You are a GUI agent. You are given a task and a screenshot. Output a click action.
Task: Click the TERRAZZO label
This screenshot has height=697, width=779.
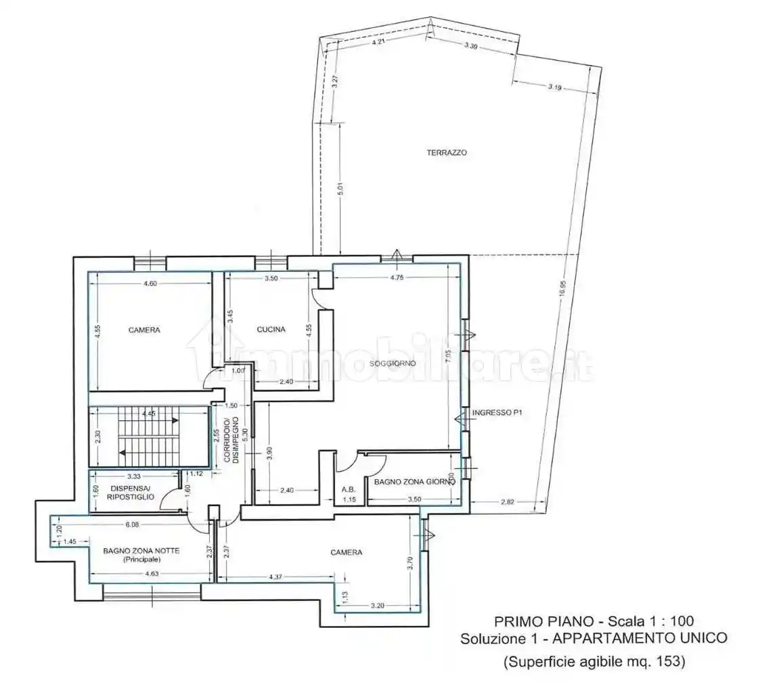pyautogui.click(x=446, y=153)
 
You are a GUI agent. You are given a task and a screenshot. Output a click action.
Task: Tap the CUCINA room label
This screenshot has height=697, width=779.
pyautogui.click(x=271, y=330)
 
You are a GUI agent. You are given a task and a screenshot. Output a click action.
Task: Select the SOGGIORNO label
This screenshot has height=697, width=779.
pyautogui.click(x=393, y=364)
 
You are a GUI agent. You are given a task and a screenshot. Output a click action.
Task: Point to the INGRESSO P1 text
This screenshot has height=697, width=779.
pyautogui.click(x=497, y=412)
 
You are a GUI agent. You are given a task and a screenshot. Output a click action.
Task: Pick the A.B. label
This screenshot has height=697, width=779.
pyautogui.click(x=349, y=490)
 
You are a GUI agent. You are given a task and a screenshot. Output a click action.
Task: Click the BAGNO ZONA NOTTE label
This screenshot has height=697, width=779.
pyautogui.click(x=141, y=551)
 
